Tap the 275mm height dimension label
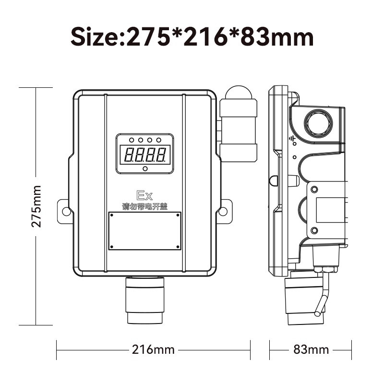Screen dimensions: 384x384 [x=36, y=206]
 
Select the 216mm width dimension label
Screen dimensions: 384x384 [x=153, y=349]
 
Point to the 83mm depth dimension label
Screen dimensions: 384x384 [x=311, y=349]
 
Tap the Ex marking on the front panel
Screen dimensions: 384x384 [x=144, y=195]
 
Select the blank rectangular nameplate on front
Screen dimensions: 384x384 [x=145, y=231]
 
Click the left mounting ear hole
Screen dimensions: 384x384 [x=66, y=211]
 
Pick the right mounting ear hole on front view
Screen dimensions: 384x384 [x=223, y=211]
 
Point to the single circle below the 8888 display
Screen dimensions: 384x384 [x=145, y=168]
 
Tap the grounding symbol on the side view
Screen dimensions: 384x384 [x=292, y=140]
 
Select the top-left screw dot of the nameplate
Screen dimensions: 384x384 [x=111, y=216]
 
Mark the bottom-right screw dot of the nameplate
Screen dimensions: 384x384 [x=178, y=247]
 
